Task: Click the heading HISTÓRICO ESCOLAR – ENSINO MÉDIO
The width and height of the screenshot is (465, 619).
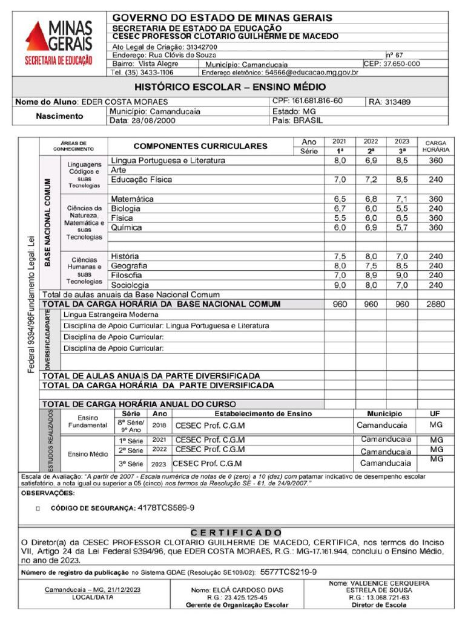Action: click(229, 87)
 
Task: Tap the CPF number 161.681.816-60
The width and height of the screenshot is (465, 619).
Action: click(317, 101)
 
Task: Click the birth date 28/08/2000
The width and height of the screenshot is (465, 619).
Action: click(148, 120)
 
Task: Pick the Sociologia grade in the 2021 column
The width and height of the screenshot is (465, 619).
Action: click(340, 285)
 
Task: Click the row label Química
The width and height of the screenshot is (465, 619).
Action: click(127, 228)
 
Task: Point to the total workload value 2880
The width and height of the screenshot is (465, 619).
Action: click(435, 304)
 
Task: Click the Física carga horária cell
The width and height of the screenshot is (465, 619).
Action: click(435, 218)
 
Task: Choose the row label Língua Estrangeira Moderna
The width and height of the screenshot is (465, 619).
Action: click(111, 315)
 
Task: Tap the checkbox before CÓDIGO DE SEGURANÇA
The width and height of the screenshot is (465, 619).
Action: click(38, 509)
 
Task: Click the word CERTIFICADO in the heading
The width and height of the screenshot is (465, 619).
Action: click(236, 533)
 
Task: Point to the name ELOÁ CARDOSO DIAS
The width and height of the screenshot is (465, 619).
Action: click(237, 590)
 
